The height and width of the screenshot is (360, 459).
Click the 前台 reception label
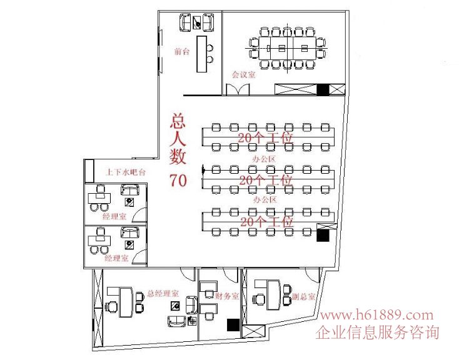182,51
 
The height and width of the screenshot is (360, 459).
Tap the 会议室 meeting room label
244,74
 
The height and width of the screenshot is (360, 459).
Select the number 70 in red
178,181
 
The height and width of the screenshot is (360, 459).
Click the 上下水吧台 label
126,171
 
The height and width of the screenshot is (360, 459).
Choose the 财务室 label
227,296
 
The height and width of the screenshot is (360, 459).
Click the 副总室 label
303,297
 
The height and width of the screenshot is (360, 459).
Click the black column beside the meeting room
323,90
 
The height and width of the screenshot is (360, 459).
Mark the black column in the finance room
233,324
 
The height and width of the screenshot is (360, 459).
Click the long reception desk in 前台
201,54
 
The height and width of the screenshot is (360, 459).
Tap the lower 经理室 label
117,257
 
